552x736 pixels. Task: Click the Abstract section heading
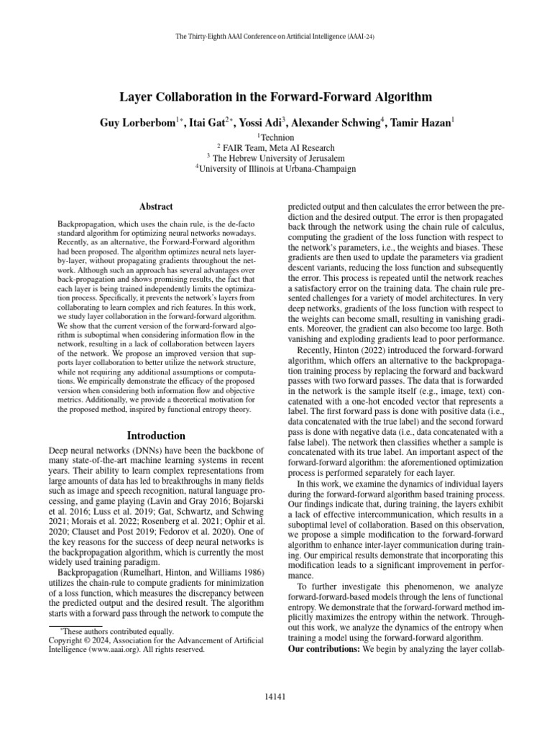coord(156,206)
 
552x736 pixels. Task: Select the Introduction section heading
coord(156,436)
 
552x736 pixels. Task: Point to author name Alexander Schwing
coord(336,123)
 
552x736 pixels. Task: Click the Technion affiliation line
coord(276,137)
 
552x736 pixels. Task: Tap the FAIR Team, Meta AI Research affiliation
coord(276,147)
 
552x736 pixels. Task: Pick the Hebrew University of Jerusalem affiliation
coord(276,158)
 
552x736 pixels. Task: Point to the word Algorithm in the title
coord(403,97)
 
